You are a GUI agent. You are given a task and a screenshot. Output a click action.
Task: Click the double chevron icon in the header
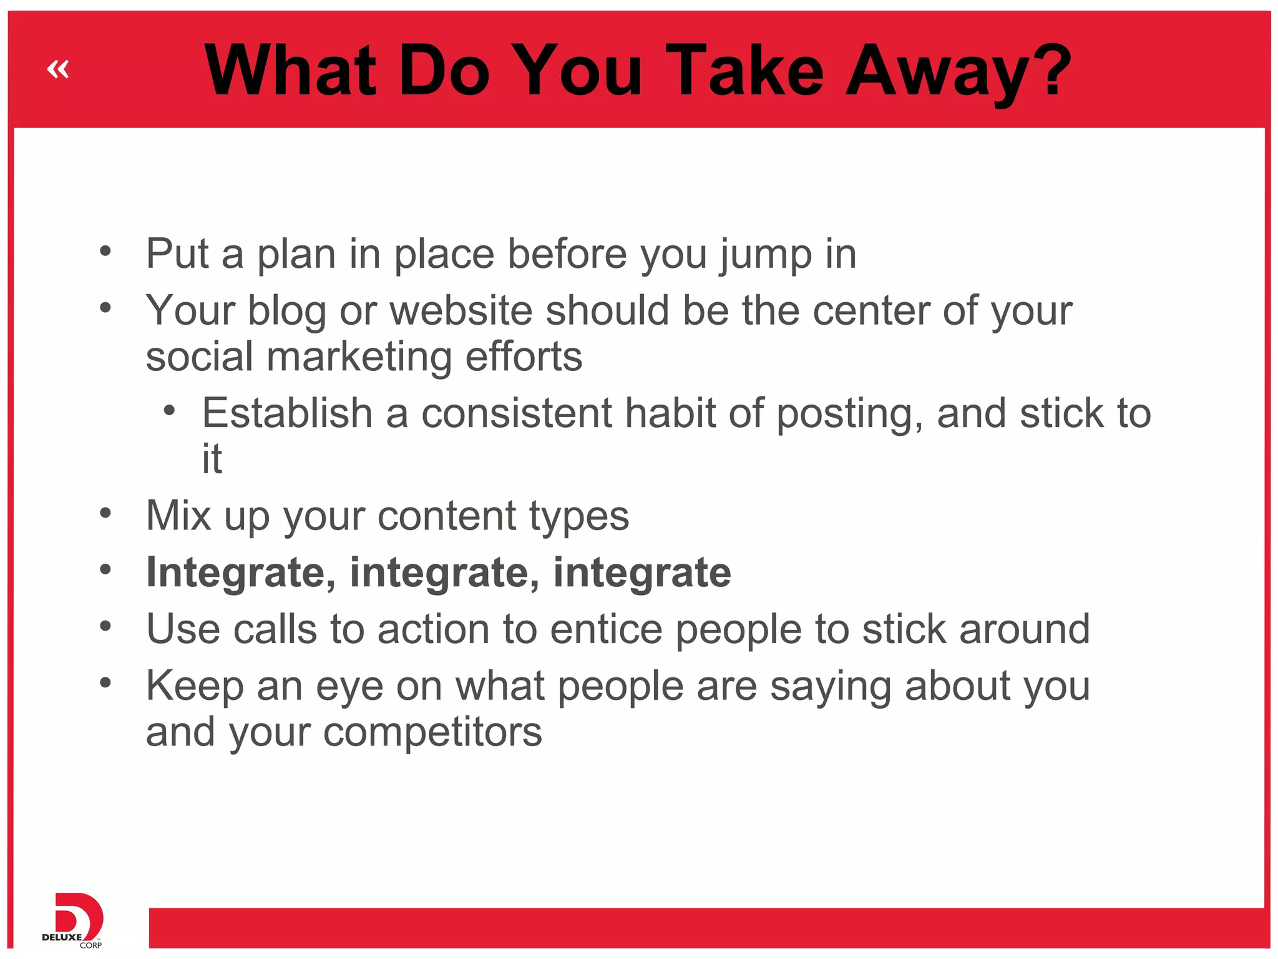pyautogui.click(x=58, y=69)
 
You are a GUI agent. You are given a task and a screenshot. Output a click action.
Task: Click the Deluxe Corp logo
pyautogui.click(x=74, y=920)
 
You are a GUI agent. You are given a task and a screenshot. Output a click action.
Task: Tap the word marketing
pyautogui.click(x=359, y=357)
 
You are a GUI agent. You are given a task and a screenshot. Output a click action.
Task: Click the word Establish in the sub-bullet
pyautogui.click(x=287, y=413)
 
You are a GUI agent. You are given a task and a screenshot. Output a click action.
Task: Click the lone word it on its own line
pyautogui.click(x=212, y=459)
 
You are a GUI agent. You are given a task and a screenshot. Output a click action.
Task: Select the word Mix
pyautogui.click(x=178, y=516)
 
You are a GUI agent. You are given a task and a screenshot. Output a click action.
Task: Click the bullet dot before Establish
pyautogui.click(x=169, y=411)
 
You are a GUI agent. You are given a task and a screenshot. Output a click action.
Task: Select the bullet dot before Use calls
pyautogui.click(x=105, y=626)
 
